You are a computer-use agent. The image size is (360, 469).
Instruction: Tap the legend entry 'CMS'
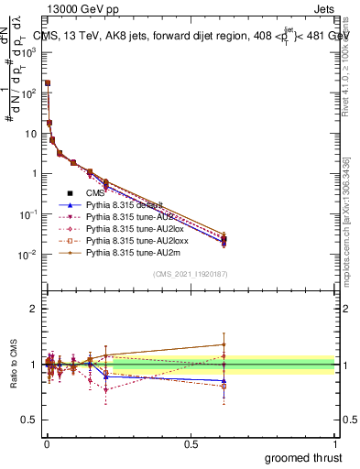coord(96,193)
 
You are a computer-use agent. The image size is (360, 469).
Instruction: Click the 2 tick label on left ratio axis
coord(33,309)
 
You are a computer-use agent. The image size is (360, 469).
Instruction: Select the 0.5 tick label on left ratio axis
coord(29,420)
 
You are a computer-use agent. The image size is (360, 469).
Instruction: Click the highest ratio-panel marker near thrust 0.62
coord(224,344)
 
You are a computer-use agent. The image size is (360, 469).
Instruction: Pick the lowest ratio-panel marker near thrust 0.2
coord(106,389)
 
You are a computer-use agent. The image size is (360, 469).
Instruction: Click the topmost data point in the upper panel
coord(47,82)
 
